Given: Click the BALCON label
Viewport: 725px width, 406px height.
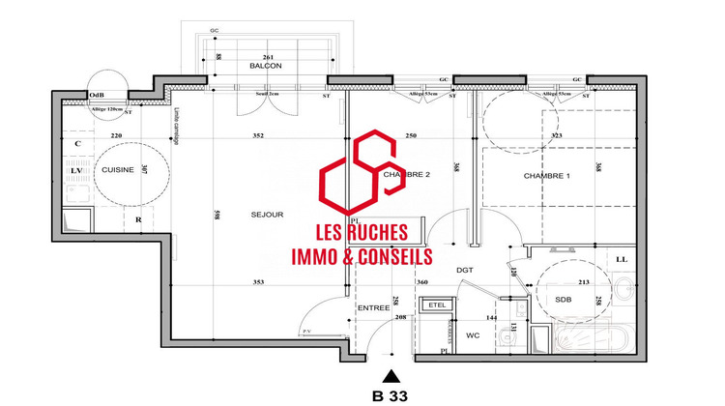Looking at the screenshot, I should [x=265, y=67].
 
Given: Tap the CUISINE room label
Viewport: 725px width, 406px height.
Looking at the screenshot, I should [x=118, y=169].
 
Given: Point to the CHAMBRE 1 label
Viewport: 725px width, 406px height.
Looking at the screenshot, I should [x=547, y=175].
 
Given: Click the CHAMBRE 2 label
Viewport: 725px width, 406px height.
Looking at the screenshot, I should [x=406, y=175].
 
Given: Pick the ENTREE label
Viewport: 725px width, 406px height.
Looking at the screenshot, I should [x=373, y=308].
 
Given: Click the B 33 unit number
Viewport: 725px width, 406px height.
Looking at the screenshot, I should [x=391, y=395].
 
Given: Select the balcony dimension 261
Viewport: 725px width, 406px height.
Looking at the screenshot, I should [x=272, y=55].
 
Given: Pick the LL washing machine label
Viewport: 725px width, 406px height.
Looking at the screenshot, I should [x=621, y=259].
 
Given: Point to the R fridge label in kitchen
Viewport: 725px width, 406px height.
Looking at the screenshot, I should [x=139, y=219].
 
